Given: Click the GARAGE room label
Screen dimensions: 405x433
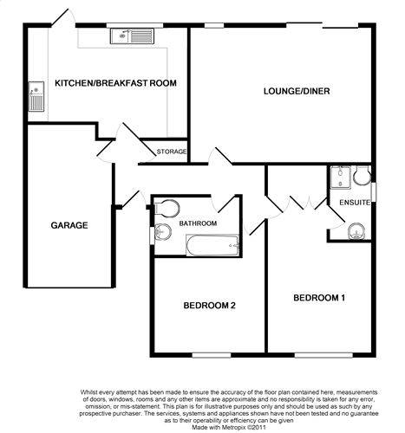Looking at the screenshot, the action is click(69, 225).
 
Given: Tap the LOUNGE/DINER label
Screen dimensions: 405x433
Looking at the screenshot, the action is click(297, 91).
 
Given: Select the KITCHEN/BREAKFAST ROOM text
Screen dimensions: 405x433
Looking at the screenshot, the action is click(115, 83).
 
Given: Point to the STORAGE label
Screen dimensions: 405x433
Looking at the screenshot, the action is click(172, 152).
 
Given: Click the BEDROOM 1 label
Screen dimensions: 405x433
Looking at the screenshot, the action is click(319, 298).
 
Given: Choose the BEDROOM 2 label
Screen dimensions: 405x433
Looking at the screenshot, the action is click(210, 305).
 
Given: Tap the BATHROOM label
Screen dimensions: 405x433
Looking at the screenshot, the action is click(198, 223).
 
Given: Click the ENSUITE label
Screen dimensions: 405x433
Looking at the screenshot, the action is click(355, 203).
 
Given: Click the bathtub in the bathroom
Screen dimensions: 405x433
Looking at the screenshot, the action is click(212, 245).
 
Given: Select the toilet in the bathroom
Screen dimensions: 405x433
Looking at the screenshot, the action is click(167, 208).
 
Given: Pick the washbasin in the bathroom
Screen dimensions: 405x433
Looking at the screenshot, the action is click(163, 232).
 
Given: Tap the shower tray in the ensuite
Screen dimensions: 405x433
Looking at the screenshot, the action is click(341, 177).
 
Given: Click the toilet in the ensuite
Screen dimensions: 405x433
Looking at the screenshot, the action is click(362, 175).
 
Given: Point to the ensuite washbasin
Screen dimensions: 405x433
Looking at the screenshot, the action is click(357, 231).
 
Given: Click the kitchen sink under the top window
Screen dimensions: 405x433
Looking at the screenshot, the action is click(132, 36).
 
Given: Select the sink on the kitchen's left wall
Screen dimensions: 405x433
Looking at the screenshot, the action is click(36, 96).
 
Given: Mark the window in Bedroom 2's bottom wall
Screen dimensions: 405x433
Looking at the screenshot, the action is click(212, 355).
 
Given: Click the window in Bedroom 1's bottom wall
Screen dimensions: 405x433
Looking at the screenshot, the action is click(323, 355).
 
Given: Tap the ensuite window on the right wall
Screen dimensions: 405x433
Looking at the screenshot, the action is click(374, 192).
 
